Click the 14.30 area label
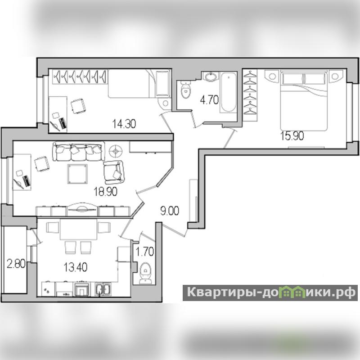click(124, 124)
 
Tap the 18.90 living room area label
click(105, 192)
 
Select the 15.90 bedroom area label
click(292, 136)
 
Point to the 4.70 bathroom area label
click(209, 100)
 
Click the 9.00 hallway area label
click(170, 211)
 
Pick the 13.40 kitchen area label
click(75, 267)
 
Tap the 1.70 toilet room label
click(144, 252)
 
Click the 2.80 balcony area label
click(16, 264)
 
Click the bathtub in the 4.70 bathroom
click(229, 92)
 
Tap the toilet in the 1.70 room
click(145, 274)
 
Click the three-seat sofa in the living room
click(78, 151)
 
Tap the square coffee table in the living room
click(77, 174)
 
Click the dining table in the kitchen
click(78, 229)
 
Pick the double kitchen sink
click(103, 289)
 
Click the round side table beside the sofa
click(116, 151)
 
